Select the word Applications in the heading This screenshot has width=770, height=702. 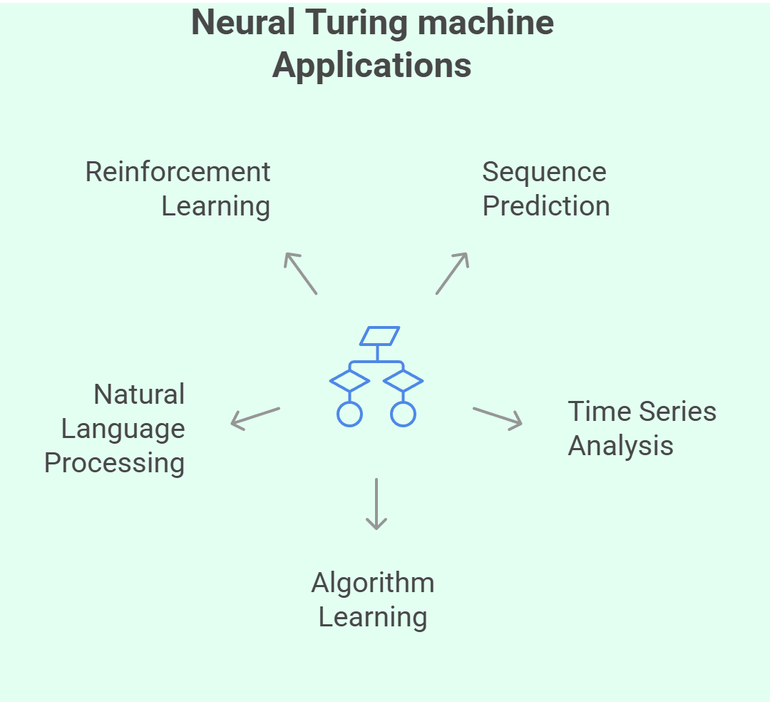tap(371, 66)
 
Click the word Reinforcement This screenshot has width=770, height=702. tap(178, 172)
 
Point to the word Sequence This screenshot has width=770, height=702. tap(544, 172)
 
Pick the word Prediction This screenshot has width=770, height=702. tap(546, 206)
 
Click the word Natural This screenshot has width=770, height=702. tap(139, 395)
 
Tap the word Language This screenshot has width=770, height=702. tap(123, 429)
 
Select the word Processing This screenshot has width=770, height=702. tap(114, 463)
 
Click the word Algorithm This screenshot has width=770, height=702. tap(373, 583)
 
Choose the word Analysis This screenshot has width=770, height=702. tap(620, 446)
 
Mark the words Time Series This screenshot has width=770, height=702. tap(642, 412)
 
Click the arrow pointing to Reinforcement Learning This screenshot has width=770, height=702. tap(300, 273)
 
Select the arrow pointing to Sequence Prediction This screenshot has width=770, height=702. tap(452, 273)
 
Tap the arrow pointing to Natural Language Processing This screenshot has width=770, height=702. tap(255, 418)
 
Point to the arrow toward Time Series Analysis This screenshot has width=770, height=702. tap(498, 418)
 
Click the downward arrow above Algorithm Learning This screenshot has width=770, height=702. tap(376, 504)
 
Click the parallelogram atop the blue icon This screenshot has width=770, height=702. tap(380, 336)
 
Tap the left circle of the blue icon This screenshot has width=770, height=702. tap(349, 414)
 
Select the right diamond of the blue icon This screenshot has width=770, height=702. tap(404, 380)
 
